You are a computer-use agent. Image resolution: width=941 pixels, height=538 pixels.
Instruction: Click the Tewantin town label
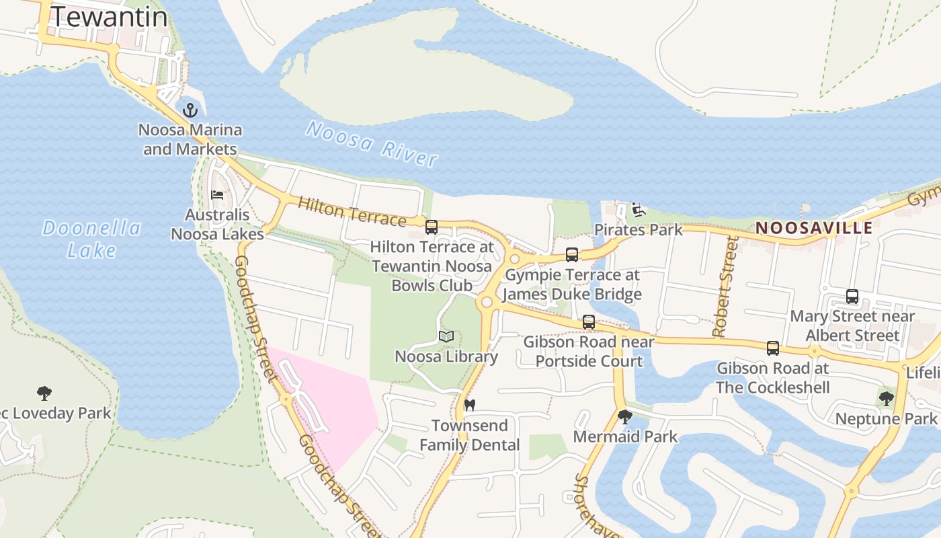(110, 17)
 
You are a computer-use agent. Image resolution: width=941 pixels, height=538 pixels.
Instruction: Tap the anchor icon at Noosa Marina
(190, 110)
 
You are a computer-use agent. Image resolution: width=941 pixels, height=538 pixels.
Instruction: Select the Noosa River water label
(372, 143)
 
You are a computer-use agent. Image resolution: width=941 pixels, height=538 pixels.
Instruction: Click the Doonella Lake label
(91, 239)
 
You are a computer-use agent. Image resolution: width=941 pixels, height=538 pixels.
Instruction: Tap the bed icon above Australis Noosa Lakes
(217, 195)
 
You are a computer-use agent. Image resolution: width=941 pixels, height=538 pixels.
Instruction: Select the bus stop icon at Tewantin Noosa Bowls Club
(432, 227)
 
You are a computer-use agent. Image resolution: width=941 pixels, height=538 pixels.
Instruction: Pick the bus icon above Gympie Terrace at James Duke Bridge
(572, 255)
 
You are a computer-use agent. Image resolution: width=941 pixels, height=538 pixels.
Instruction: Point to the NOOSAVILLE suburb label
(814, 227)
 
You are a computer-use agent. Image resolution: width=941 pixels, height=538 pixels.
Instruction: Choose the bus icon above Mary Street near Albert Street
(852, 297)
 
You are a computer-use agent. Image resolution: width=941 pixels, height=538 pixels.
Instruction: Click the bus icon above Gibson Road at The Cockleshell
(773, 348)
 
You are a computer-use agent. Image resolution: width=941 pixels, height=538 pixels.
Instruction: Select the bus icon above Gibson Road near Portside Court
(589, 322)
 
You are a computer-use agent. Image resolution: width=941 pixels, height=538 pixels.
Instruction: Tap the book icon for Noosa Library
(446, 336)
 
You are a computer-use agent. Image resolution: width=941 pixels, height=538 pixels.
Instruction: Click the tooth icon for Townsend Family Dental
(470, 405)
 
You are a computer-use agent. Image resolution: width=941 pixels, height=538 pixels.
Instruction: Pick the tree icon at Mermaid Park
(625, 417)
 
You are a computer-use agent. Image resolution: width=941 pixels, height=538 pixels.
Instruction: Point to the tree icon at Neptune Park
(886, 399)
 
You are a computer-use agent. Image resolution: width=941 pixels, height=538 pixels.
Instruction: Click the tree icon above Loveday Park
(44, 393)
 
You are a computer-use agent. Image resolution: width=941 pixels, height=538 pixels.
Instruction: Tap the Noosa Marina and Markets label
(190, 139)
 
